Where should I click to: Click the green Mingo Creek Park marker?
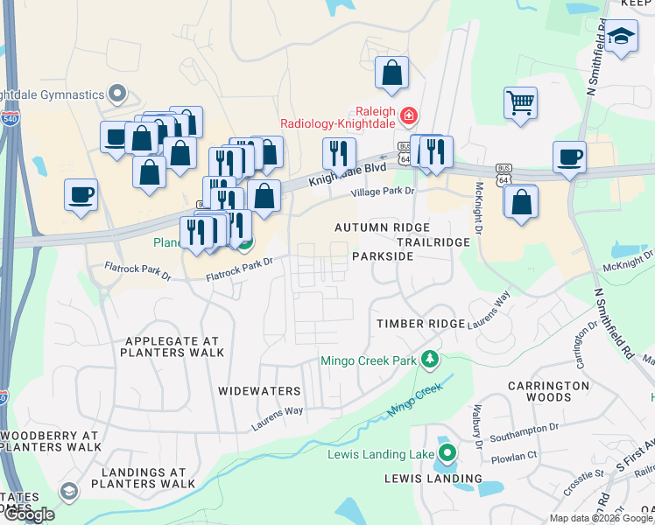click(x=429, y=359)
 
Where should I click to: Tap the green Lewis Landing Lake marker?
click(x=447, y=453)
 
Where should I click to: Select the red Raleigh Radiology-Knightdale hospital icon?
click(x=408, y=115)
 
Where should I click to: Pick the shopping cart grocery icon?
click(x=520, y=103)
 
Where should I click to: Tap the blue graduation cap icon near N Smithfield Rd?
click(x=621, y=37)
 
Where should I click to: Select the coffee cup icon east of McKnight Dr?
click(x=569, y=157)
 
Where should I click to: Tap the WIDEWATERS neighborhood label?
click(x=259, y=391)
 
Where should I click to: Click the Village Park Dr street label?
click(x=383, y=192)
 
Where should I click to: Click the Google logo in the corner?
click(x=28, y=514)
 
